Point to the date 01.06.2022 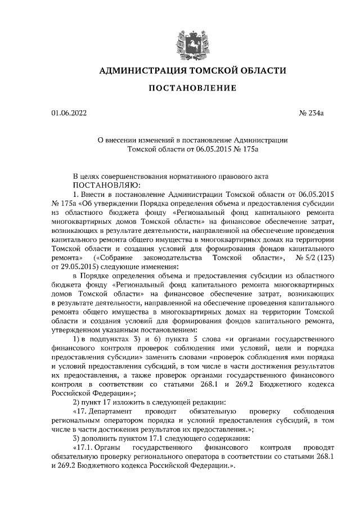[x=69, y=114]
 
